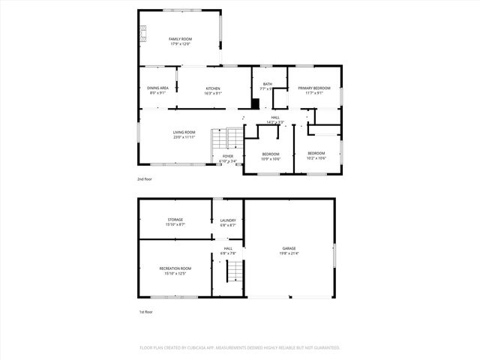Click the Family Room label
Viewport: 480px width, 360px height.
coord(180,39)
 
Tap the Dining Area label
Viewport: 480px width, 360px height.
coord(157,88)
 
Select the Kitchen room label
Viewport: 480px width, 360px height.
coord(214,88)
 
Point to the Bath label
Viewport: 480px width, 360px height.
coord(268,84)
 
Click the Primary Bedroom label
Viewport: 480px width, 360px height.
coord(314,88)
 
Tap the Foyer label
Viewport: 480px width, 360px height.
coord(228,156)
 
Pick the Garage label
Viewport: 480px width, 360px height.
coord(289,248)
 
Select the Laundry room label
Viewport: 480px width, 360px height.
coord(228,220)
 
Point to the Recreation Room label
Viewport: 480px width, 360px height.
coord(175,268)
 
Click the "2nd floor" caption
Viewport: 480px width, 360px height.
coord(145,180)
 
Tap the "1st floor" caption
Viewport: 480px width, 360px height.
coord(145,311)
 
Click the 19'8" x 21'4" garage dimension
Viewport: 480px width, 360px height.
coord(289,253)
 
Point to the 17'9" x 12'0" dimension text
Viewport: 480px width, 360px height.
coord(180,44)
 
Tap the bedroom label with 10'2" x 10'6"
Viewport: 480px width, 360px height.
coord(317,154)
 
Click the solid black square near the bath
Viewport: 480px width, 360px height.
coord(255,105)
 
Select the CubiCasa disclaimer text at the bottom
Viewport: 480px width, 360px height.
coord(240,347)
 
